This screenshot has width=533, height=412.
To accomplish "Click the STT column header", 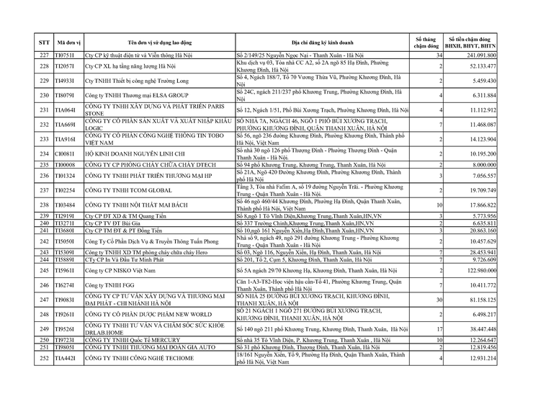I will point(43,42).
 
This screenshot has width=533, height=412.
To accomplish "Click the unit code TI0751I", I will point(67,55).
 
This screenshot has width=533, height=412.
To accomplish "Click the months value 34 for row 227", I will point(438,55).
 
